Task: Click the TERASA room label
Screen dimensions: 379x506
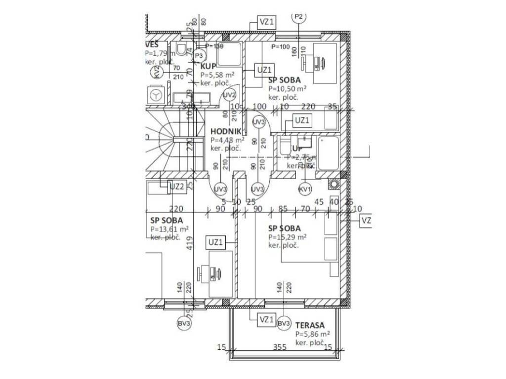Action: (310, 325)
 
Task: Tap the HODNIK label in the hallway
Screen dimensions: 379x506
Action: (225, 131)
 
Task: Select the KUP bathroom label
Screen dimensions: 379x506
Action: (208, 66)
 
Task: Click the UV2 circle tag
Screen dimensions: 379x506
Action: (230, 95)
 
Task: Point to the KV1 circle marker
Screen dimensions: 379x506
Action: (305, 189)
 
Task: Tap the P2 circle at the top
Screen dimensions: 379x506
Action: (298, 17)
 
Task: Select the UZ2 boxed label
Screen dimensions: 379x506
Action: (177, 187)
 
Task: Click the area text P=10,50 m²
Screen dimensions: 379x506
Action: (287, 89)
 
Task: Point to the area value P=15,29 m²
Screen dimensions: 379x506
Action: (287, 237)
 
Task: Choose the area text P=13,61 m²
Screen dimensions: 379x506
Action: (169, 229)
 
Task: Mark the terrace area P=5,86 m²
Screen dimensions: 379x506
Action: (312, 334)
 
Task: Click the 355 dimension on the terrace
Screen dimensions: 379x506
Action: (280, 347)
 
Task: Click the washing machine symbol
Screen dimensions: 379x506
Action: (156, 95)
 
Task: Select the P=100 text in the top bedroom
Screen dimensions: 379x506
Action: (281, 47)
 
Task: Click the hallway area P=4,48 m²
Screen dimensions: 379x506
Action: (227, 140)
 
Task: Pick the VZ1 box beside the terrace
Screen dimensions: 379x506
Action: (266, 320)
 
